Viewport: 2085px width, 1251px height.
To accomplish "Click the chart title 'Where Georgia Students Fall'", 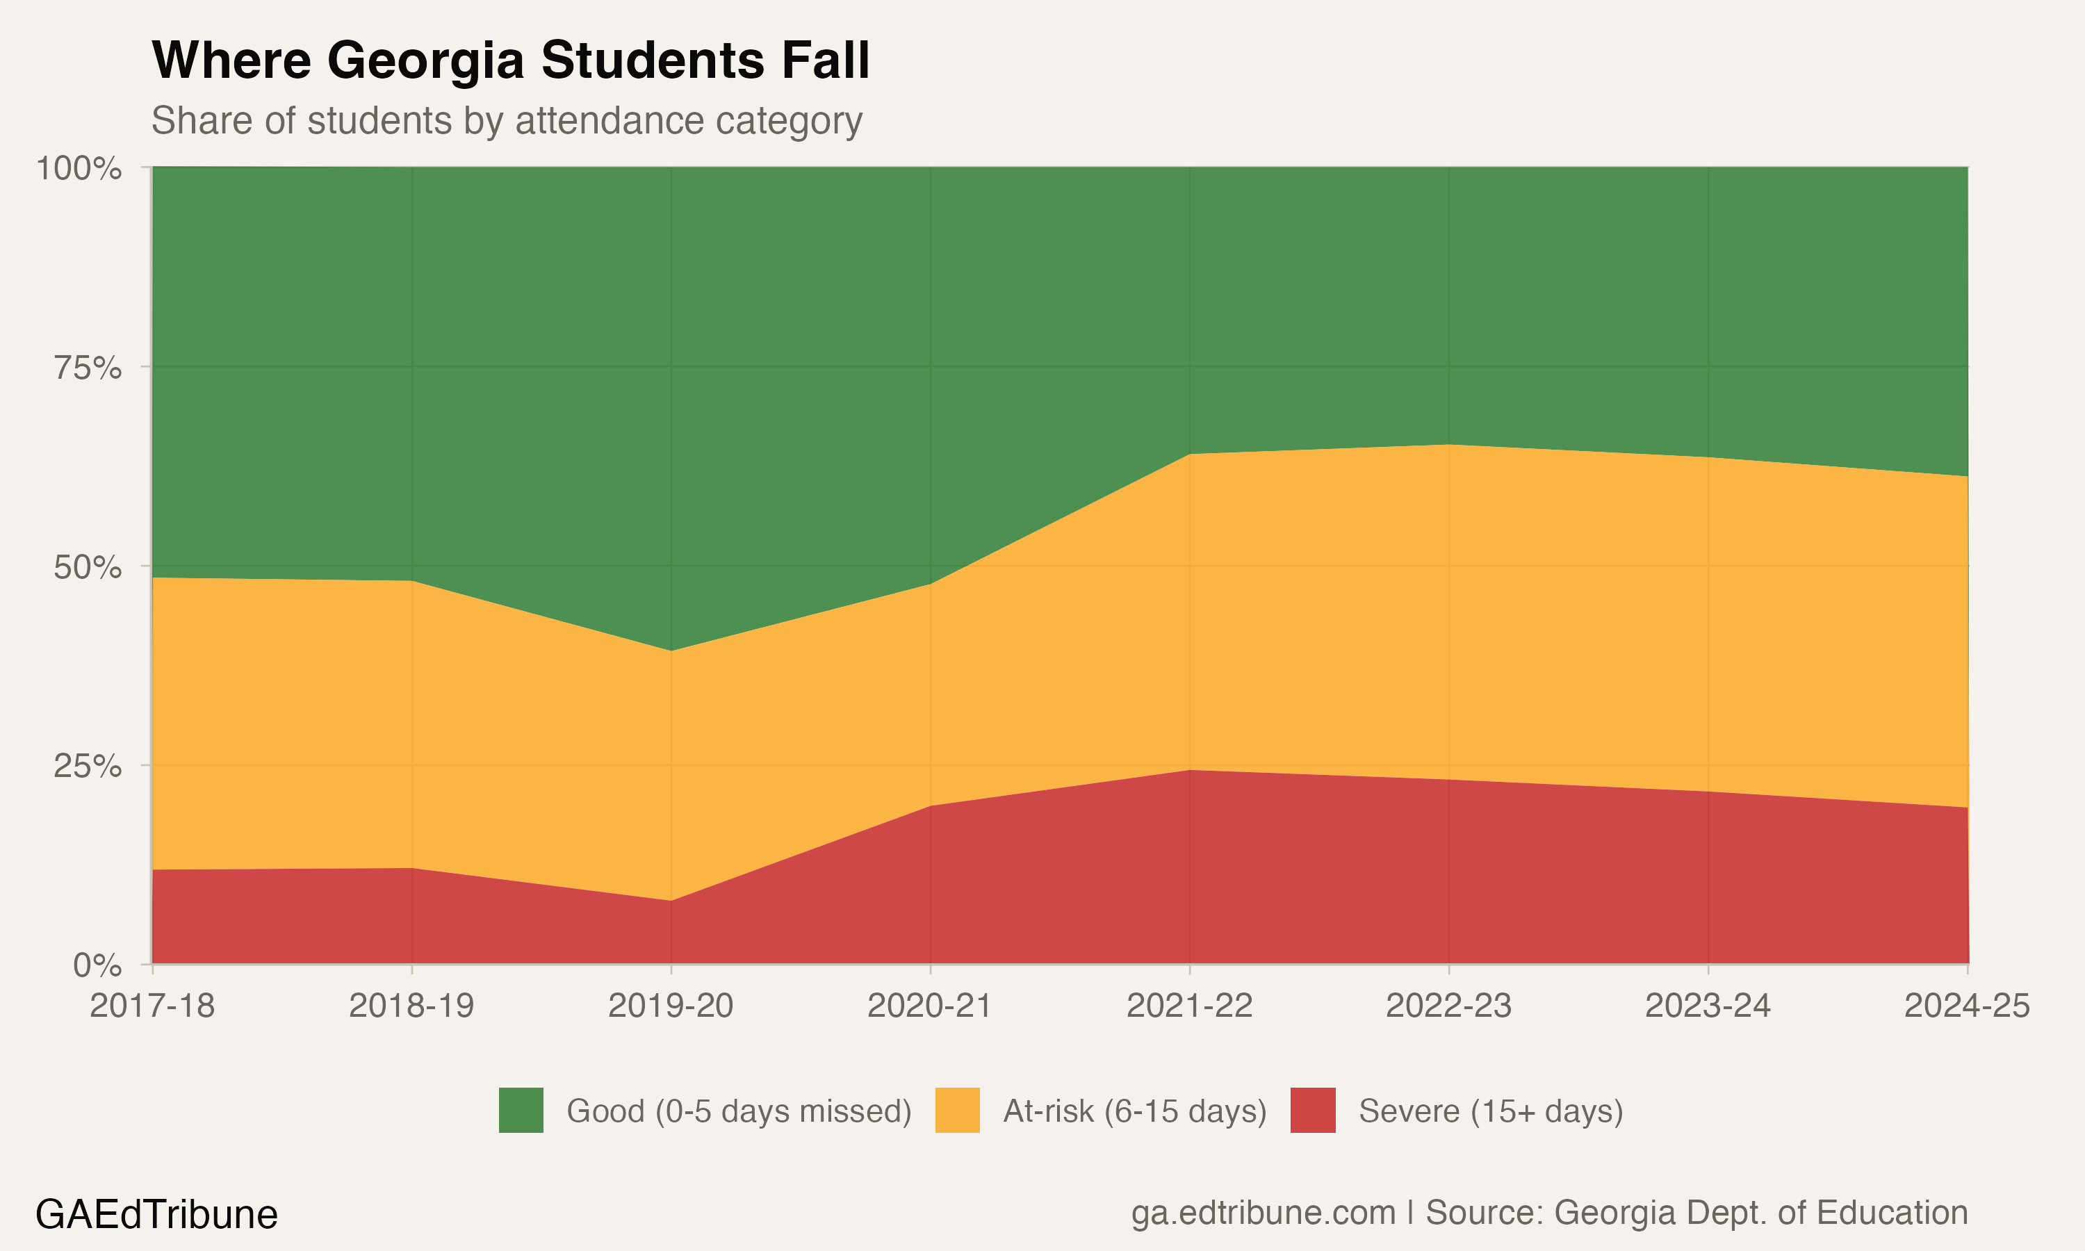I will click(x=510, y=60).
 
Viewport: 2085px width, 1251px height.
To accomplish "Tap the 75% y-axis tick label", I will click(x=88, y=368).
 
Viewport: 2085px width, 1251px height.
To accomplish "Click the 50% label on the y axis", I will click(x=88, y=567).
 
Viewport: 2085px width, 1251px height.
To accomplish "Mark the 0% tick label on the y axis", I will click(x=97, y=965).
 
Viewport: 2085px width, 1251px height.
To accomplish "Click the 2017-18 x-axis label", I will click(x=152, y=1006).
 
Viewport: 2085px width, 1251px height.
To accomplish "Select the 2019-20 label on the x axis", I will click(x=671, y=1006).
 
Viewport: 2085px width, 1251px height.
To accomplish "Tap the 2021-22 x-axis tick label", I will click(x=1189, y=1006).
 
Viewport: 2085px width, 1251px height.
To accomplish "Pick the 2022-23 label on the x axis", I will click(x=1448, y=1006).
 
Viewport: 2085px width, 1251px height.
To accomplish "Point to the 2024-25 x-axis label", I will click(x=1967, y=1006).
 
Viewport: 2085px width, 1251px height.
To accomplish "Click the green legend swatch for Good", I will click(x=521, y=1110).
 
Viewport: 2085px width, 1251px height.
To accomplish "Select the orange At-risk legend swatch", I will click(x=958, y=1110).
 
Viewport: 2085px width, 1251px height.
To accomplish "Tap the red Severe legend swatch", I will click(x=1312, y=1110).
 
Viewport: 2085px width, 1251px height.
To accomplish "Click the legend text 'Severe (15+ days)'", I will click(x=1491, y=1111).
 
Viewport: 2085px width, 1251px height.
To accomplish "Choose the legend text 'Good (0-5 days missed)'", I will click(x=739, y=1111).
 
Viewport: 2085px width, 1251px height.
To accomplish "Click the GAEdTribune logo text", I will click(x=157, y=1215).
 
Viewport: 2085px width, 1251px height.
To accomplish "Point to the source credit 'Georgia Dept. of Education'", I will click(x=1760, y=1213).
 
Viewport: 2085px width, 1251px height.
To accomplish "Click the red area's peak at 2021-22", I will click(x=1189, y=771).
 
